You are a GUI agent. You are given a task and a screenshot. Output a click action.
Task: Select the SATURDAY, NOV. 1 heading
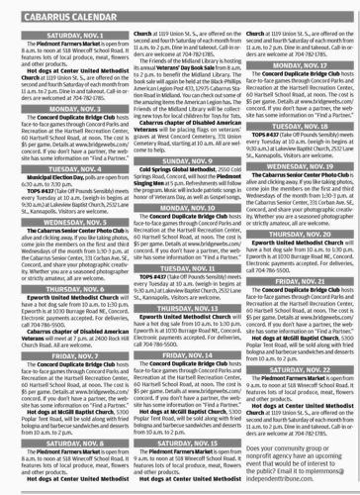pos(61,30)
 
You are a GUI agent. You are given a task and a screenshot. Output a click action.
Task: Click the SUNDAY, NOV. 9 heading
pos(180,187)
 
